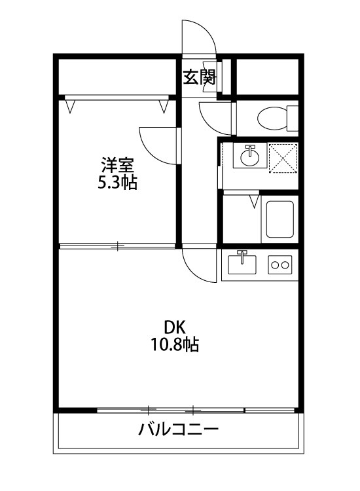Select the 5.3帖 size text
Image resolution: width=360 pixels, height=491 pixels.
117,183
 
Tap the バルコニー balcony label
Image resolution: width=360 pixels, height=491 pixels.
178,430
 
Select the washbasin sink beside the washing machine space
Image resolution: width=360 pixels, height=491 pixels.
249,156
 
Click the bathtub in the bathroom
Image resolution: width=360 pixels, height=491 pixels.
279,219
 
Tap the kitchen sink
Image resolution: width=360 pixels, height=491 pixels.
243,265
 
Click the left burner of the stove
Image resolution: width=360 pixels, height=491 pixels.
274,265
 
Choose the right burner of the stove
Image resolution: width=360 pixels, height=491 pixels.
285,265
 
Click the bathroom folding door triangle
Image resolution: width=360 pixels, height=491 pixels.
254,200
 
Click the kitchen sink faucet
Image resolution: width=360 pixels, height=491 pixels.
243,255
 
